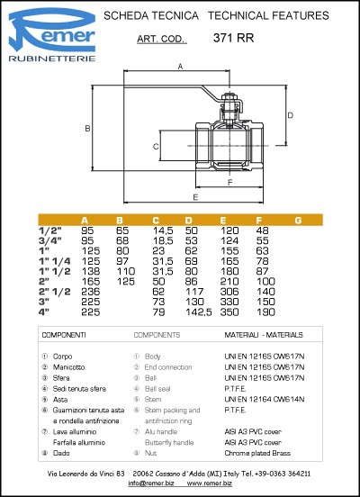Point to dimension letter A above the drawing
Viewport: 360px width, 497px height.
pyautogui.click(x=180, y=67)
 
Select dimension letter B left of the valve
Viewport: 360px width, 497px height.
pyautogui.click(x=87, y=129)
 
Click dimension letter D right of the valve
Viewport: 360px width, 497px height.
pyautogui.click(x=289, y=115)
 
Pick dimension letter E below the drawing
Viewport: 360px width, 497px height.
pyautogui.click(x=195, y=195)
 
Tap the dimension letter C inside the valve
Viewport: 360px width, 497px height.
pyautogui.click(x=157, y=146)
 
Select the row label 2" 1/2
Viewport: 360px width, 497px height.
pyautogui.click(x=56, y=292)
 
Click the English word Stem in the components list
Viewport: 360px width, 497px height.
pyautogui.click(x=152, y=397)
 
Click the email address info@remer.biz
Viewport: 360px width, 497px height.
pyautogui.click(x=150, y=483)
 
